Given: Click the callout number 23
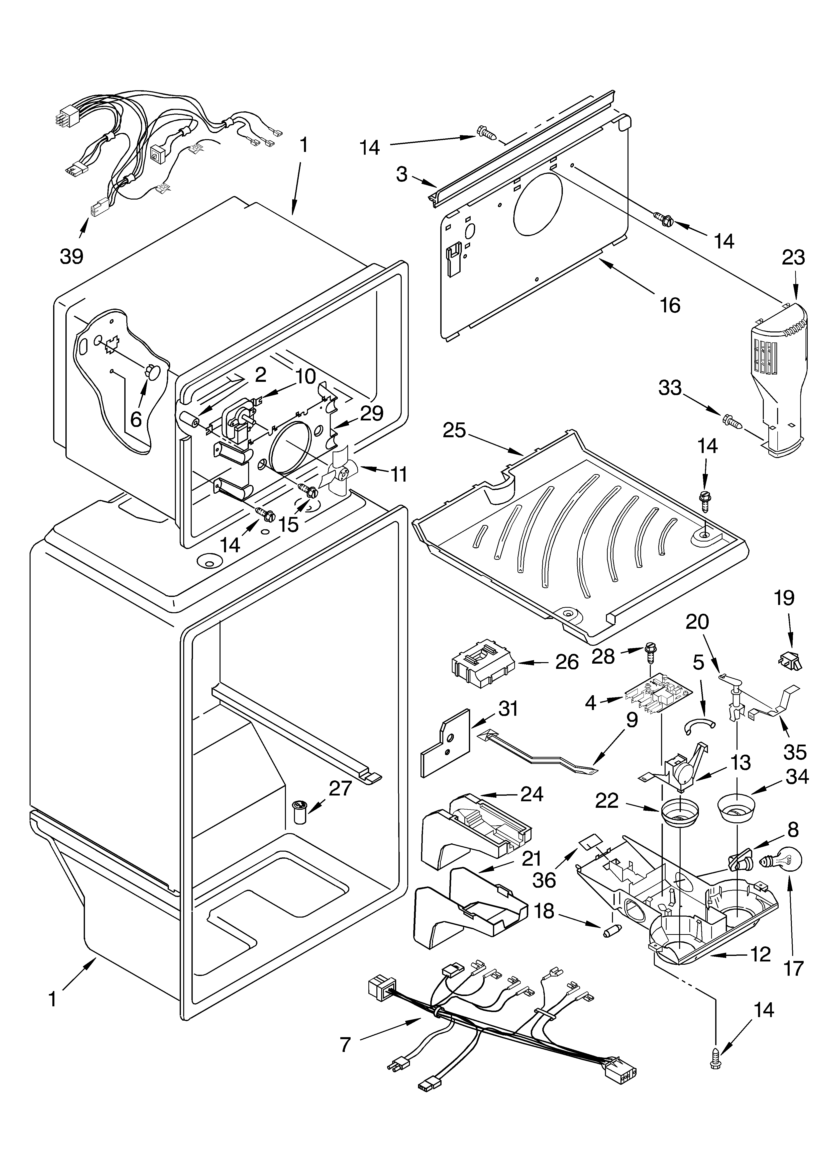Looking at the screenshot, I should tap(792, 257).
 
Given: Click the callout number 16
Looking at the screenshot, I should tap(670, 305).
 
